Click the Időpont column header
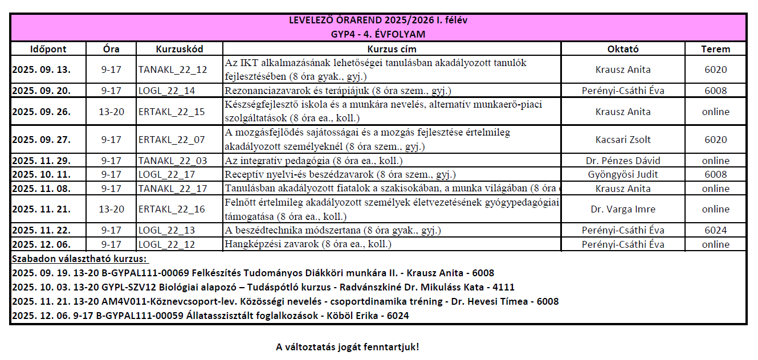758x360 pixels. tap(48, 49)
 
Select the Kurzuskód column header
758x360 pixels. tap(179, 49)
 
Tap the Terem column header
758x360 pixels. tap(715, 49)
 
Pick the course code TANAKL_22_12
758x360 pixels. tap(173, 70)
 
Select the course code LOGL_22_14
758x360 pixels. tap(166, 91)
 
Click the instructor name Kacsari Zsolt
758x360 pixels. tap(623, 140)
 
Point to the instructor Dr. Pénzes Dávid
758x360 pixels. tap(623, 161)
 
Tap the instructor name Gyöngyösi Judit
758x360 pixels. tap(623, 174)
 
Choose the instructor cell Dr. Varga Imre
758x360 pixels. tap(623, 209)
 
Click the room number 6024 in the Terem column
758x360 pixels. tap(715, 230)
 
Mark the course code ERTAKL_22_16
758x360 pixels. tap(172, 209)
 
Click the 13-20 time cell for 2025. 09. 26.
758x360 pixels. tap(111, 112)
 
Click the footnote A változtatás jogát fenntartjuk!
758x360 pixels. tap(347, 346)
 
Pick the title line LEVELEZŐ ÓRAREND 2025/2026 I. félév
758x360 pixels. tap(378, 21)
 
